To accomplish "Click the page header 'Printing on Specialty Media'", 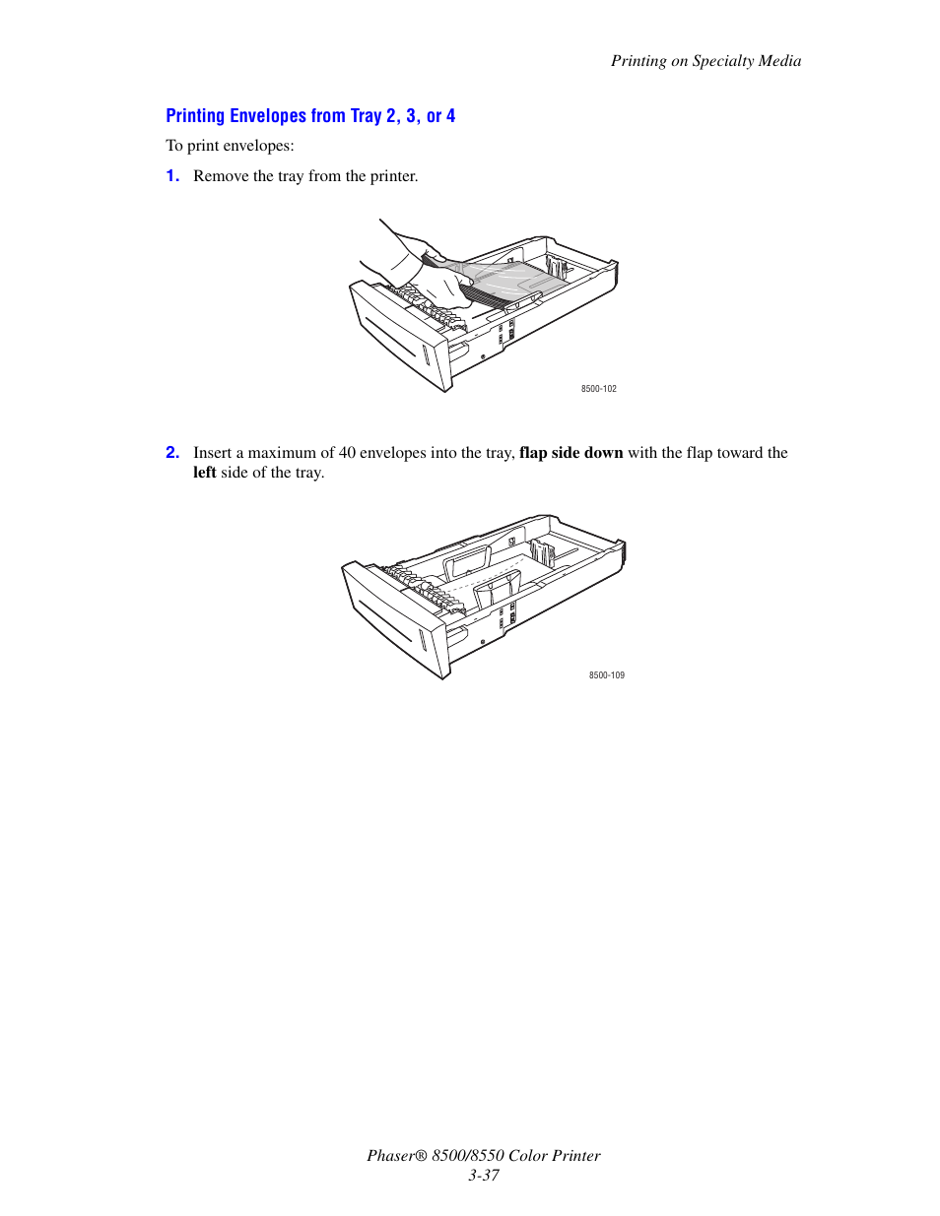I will pos(705,61).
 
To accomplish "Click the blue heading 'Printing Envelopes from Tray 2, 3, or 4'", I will pos(310,116).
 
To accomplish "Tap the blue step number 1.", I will pos(172,176).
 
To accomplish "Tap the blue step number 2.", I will pos(172,453).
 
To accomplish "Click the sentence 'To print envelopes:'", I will pos(230,146).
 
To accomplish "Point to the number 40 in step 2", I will pos(347,453).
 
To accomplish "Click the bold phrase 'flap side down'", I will pos(571,453).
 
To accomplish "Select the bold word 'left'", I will pos(204,473).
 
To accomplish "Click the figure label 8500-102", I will pos(598,389).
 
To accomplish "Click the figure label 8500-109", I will pos(606,675).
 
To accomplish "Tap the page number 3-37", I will pos(483,1176).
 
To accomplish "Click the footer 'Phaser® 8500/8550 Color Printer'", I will pos(483,1156).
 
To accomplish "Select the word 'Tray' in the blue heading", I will pos(366,116).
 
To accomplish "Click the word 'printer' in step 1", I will pos(393,176).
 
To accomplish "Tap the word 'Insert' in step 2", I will pos(212,453).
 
